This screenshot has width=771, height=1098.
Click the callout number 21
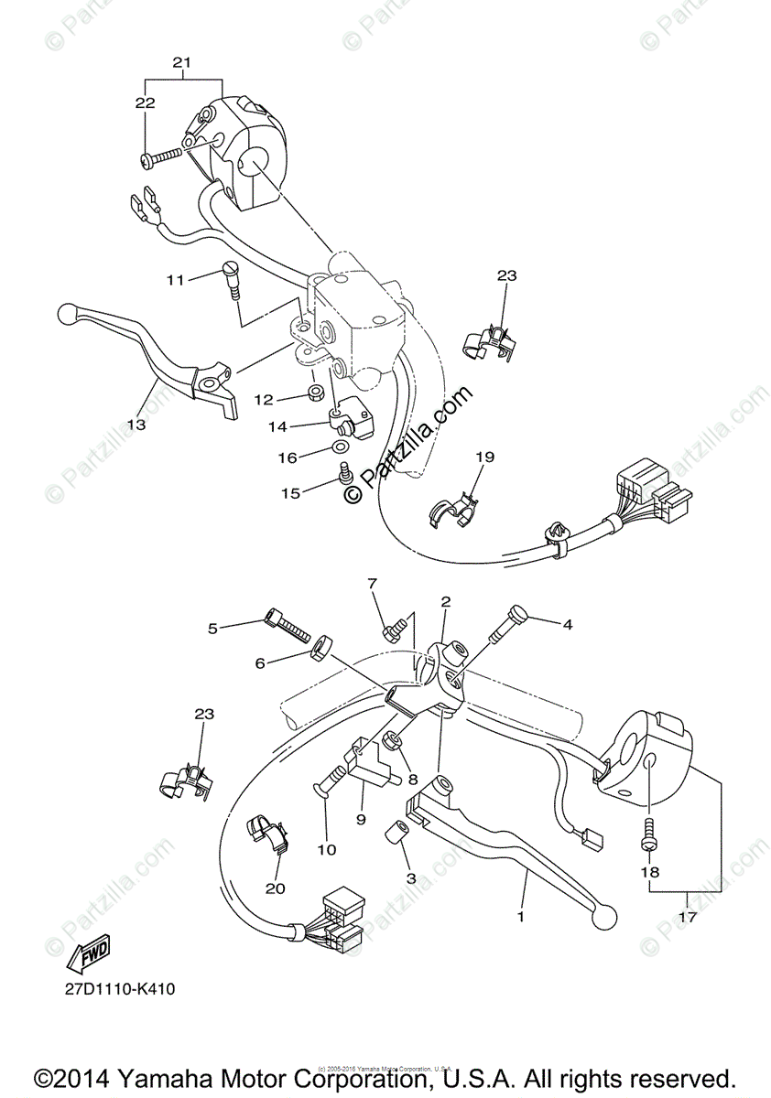(181, 62)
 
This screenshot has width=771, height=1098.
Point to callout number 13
(136, 425)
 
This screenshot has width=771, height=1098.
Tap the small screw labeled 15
(346, 474)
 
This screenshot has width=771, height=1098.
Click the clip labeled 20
(266, 834)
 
